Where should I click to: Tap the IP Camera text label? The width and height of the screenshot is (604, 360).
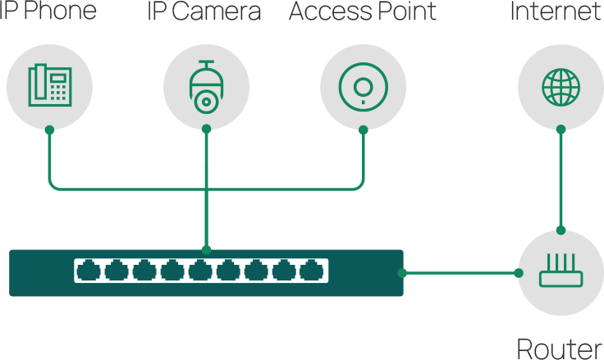204,12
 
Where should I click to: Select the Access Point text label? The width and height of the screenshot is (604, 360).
363,12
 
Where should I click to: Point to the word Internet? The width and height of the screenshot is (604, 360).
556,12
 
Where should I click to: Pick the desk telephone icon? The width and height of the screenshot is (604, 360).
48,84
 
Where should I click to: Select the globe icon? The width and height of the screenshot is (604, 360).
561,84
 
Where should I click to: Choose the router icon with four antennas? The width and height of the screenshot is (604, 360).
561,271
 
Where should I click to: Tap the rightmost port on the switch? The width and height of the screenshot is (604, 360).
311,270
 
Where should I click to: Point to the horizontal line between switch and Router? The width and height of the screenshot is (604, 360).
460,272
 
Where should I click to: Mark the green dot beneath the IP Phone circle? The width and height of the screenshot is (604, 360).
48,129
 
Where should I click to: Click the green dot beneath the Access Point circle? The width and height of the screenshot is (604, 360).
363,129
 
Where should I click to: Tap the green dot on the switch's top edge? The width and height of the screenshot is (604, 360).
206,248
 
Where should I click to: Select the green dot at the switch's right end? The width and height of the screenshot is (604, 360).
402,272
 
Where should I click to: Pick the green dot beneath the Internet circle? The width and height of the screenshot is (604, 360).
561,129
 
